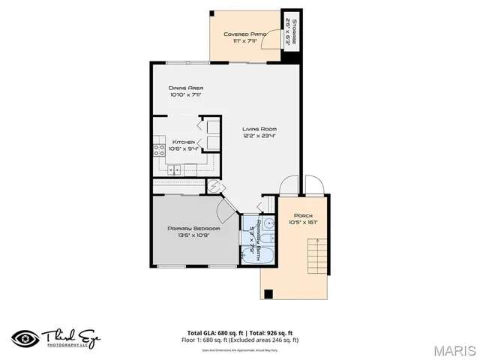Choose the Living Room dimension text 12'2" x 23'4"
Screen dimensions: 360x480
(x=259, y=136)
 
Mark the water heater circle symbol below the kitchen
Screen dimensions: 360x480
(x=213, y=187)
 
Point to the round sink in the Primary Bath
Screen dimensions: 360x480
(x=269, y=241)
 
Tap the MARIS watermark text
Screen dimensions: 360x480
(x=455, y=350)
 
